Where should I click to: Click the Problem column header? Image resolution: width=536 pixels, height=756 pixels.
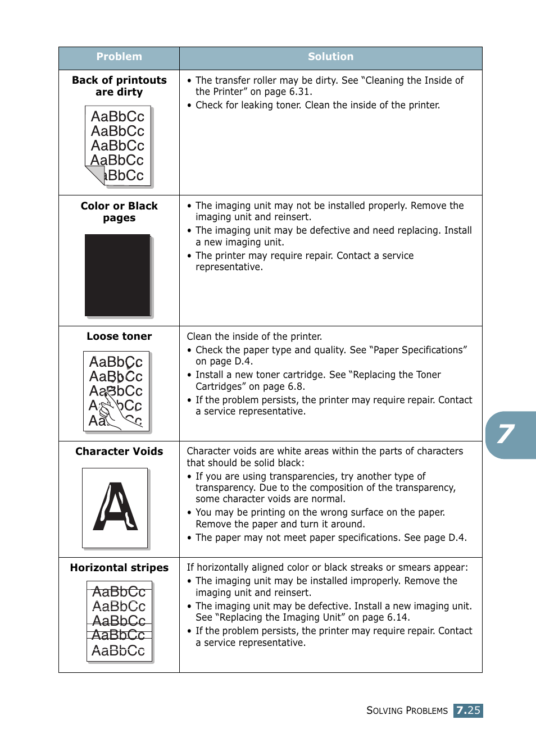click(x=119, y=57)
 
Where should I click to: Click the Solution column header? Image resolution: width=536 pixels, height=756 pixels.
click(x=330, y=57)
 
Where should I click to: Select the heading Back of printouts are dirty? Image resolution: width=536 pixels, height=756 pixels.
click(x=119, y=86)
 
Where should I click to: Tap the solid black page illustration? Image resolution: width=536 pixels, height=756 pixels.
click(x=117, y=275)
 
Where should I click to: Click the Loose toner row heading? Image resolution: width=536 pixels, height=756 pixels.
click(x=119, y=336)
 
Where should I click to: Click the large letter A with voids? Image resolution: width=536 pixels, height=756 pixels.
click(x=115, y=507)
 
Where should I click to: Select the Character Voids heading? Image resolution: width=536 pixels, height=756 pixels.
click(x=119, y=452)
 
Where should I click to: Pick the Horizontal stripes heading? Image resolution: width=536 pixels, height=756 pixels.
click(x=119, y=568)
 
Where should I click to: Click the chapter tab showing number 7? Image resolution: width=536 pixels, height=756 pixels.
click(x=508, y=435)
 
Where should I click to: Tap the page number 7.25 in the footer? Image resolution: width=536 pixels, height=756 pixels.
click(x=468, y=711)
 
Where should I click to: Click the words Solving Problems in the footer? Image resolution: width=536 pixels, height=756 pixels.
click(x=407, y=711)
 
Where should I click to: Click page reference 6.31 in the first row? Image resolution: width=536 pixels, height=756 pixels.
click(x=300, y=92)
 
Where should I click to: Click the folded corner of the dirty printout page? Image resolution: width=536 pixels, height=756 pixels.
click(x=96, y=174)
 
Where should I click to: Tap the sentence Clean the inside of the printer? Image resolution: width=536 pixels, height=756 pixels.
click(x=254, y=336)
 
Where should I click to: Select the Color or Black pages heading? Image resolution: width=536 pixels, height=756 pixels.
click(x=119, y=212)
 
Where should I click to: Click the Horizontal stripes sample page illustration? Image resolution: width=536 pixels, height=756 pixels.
click(x=119, y=621)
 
